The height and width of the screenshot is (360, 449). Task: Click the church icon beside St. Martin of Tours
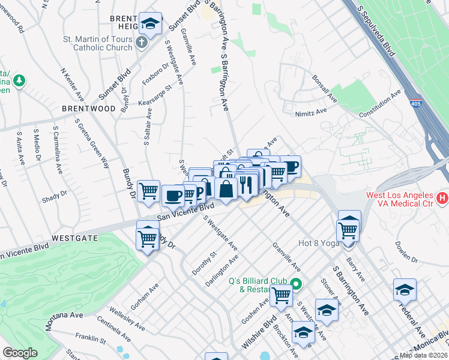tap(141, 42)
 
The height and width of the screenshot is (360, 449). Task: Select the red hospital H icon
tap(442, 197)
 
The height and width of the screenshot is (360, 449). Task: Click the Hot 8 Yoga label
tap(320, 243)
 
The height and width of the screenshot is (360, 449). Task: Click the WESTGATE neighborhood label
tap(74, 238)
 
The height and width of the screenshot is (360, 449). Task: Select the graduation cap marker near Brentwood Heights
tap(150, 24)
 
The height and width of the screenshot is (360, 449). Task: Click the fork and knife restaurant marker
tap(247, 184)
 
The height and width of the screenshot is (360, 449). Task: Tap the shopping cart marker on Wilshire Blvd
tap(281, 295)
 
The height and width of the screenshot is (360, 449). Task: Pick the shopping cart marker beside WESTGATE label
tap(148, 238)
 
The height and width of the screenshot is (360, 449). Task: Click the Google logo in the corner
tap(20, 353)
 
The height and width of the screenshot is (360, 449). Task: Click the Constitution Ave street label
tap(380, 104)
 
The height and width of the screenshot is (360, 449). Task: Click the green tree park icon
tap(19, 80)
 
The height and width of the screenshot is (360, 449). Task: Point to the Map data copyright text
tap(424, 355)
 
